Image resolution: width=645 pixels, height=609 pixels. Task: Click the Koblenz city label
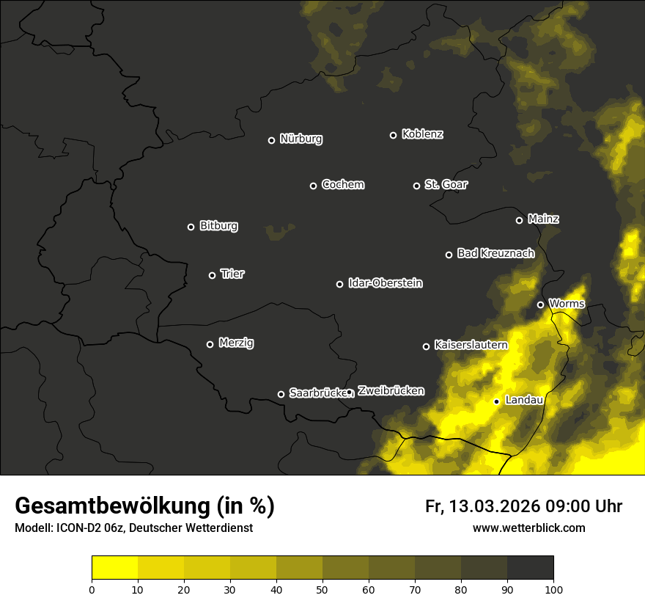(x=422, y=134)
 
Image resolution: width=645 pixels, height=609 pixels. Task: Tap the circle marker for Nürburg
(x=271, y=140)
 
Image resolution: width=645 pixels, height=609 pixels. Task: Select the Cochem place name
(x=342, y=185)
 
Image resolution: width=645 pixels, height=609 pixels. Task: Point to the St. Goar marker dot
(x=416, y=186)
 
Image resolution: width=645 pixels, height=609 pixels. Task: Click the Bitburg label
(x=218, y=226)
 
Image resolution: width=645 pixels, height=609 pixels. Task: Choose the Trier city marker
(x=213, y=276)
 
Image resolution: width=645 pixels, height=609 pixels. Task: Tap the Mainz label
(x=543, y=219)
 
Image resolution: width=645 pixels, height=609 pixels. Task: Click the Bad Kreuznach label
(x=495, y=253)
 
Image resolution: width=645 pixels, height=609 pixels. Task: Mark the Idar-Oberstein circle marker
(x=339, y=284)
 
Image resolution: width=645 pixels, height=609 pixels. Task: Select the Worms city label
(x=567, y=303)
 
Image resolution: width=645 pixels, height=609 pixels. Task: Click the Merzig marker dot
(x=210, y=344)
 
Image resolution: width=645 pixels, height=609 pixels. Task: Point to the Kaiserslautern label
(x=471, y=345)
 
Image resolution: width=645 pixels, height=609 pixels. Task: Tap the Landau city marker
(x=496, y=401)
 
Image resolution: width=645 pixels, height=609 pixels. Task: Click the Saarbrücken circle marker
(x=281, y=394)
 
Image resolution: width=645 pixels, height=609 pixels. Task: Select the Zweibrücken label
(x=391, y=391)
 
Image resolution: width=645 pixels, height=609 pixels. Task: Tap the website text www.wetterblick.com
(x=528, y=528)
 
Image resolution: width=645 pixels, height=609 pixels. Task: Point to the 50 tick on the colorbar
(x=322, y=588)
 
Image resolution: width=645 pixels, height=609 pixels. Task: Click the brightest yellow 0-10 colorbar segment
(x=114, y=567)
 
